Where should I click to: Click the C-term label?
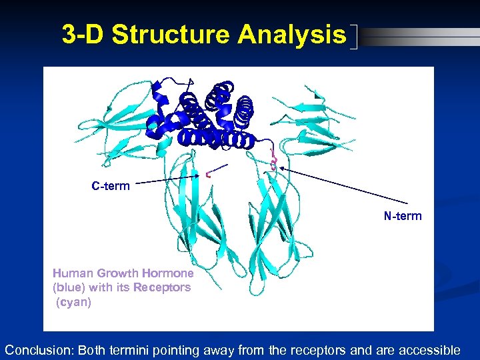tap(111, 186)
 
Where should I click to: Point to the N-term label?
tap(402, 216)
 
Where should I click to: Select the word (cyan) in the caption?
tap(73, 302)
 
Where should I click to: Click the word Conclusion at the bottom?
tap(39, 350)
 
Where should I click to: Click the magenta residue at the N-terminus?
tap(273, 161)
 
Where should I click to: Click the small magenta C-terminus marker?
tap(209, 175)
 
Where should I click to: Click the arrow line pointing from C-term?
tap(167, 180)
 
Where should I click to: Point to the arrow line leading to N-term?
tap(343, 185)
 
